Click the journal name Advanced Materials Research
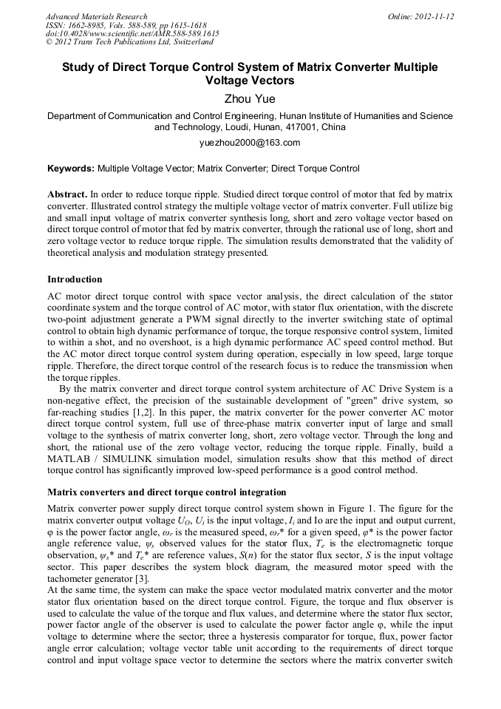tap(96, 16)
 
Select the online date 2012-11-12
tap(433, 16)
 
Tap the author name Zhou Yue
tap(250, 97)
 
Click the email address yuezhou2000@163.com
tap(250, 143)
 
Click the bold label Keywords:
tap(71, 169)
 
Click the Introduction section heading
tap(75, 279)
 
